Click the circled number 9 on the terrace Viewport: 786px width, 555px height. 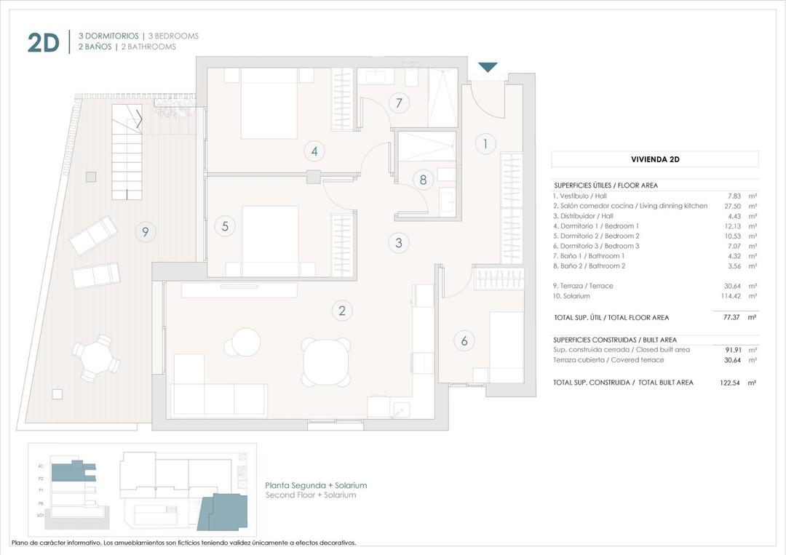click(x=146, y=232)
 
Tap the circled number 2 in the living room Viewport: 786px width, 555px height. click(x=341, y=311)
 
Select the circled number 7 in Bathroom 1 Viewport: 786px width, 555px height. click(x=398, y=103)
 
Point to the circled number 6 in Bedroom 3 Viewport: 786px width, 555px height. click(x=464, y=340)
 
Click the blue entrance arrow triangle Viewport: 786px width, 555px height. click(x=487, y=67)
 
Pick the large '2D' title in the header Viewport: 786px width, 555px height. click(x=43, y=42)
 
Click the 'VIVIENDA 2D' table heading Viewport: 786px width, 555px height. click(x=654, y=159)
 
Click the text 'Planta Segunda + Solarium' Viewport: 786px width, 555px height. click(x=316, y=485)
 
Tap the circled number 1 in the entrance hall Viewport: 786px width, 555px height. click(x=485, y=144)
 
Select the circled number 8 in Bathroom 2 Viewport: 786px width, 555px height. click(x=423, y=180)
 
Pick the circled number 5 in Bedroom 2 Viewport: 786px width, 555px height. click(x=225, y=226)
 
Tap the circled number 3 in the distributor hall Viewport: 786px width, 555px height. click(x=398, y=243)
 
